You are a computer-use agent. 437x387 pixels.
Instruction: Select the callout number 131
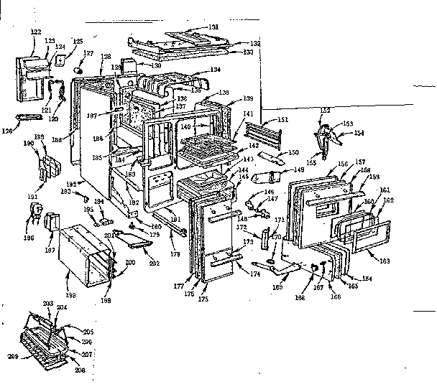click(x=213, y=27)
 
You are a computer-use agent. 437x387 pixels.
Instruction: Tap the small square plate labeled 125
click(x=61, y=50)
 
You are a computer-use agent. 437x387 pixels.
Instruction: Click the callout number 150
click(x=293, y=153)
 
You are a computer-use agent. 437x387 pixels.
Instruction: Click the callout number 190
click(x=29, y=144)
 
